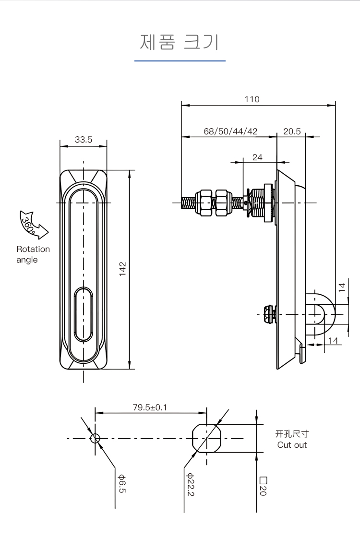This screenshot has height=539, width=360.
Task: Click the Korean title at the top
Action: (x=180, y=42)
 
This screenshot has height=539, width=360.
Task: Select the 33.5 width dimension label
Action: (x=83, y=140)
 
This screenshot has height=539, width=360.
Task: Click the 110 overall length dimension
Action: (x=252, y=99)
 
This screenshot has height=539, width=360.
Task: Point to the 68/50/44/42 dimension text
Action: (x=230, y=132)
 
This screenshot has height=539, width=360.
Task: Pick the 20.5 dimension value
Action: (x=292, y=132)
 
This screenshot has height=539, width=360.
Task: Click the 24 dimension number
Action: (x=257, y=157)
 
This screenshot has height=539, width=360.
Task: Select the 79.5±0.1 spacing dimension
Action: (x=150, y=407)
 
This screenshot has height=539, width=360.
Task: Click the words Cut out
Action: (x=292, y=445)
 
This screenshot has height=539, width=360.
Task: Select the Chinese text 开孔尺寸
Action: (x=292, y=434)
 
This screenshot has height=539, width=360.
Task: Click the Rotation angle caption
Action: (x=33, y=254)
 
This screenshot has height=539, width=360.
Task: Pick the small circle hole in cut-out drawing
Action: (x=95, y=438)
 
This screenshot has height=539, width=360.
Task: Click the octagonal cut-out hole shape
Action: (x=207, y=438)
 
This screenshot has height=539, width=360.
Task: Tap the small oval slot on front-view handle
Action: (x=84, y=311)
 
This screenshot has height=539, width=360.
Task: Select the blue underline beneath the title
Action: (x=180, y=61)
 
